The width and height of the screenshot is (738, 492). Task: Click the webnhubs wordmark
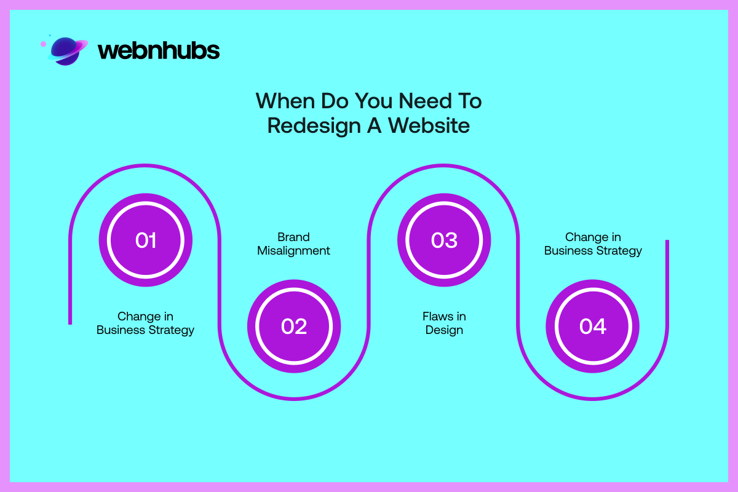[x=159, y=50]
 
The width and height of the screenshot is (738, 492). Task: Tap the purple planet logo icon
[x=68, y=51]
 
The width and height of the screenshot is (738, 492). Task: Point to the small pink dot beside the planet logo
[x=43, y=44]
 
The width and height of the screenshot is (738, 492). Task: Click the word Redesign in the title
[x=314, y=126]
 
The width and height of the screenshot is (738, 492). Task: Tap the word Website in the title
[x=429, y=125]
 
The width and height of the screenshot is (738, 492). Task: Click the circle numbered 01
[x=146, y=240]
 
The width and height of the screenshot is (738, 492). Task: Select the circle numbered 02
[x=294, y=326]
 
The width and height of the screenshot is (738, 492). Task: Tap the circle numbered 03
[x=444, y=240]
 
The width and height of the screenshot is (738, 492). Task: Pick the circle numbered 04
[x=593, y=326]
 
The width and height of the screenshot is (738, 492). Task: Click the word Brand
[x=293, y=237]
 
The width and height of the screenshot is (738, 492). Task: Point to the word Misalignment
[x=293, y=251]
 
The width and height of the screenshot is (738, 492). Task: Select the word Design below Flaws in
[x=444, y=330]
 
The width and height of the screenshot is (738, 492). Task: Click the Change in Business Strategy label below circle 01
[x=145, y=323]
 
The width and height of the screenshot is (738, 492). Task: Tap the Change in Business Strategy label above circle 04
[x=593, y=244]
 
